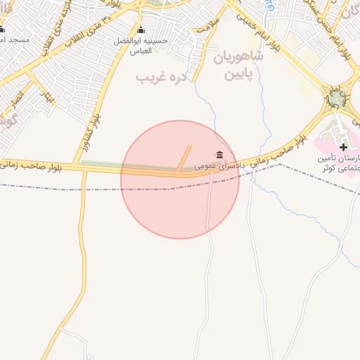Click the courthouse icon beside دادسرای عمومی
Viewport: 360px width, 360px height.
tap(220, 155)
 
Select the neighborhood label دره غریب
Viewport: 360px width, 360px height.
tap(161, 75)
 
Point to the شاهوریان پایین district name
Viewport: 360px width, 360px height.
tap(238, 65)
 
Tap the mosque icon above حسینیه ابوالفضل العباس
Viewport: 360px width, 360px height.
tap(141, 30)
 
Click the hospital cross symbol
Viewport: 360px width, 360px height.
tap(342, 147)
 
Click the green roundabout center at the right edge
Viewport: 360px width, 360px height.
tap(337, 98)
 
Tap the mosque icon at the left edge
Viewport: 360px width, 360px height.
tap(2, 30)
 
